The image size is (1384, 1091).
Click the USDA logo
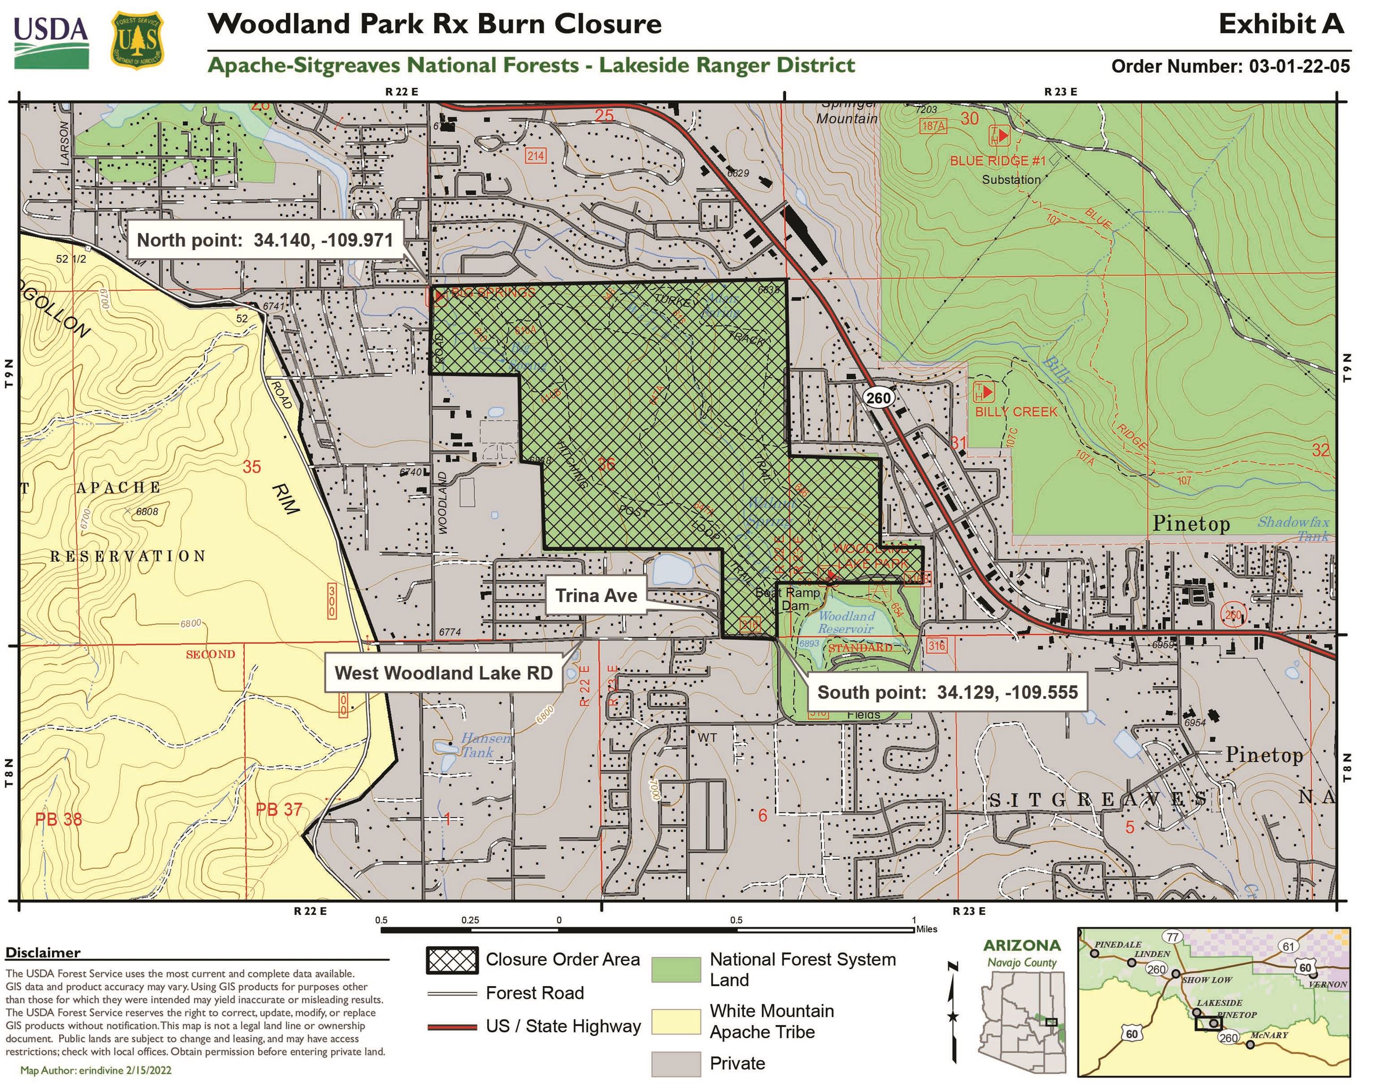(x=51, y=42)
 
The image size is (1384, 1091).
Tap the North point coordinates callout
(x=265, y=240)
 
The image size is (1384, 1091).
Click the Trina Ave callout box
(x=596, y=596)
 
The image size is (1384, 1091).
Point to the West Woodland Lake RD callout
(x=443, y=673)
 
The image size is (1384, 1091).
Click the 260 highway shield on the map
(x=878, y=398)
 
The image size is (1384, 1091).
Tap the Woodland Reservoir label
(x=846, y=622)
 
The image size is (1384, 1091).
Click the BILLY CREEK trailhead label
(x=1016, y=412)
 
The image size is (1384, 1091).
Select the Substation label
(x=1011, y=179)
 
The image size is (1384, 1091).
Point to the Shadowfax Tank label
(x=1294, y=528)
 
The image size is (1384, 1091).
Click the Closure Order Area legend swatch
(x=451, y=960)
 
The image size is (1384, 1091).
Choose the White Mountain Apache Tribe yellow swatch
(x=675, y=1021)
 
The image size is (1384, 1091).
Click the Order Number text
(x=1230, y=67)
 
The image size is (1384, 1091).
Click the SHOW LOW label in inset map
(x=1207, y=980)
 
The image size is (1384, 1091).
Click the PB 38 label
(x=59, y=819)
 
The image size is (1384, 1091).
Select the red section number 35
(x=252, y=467)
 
